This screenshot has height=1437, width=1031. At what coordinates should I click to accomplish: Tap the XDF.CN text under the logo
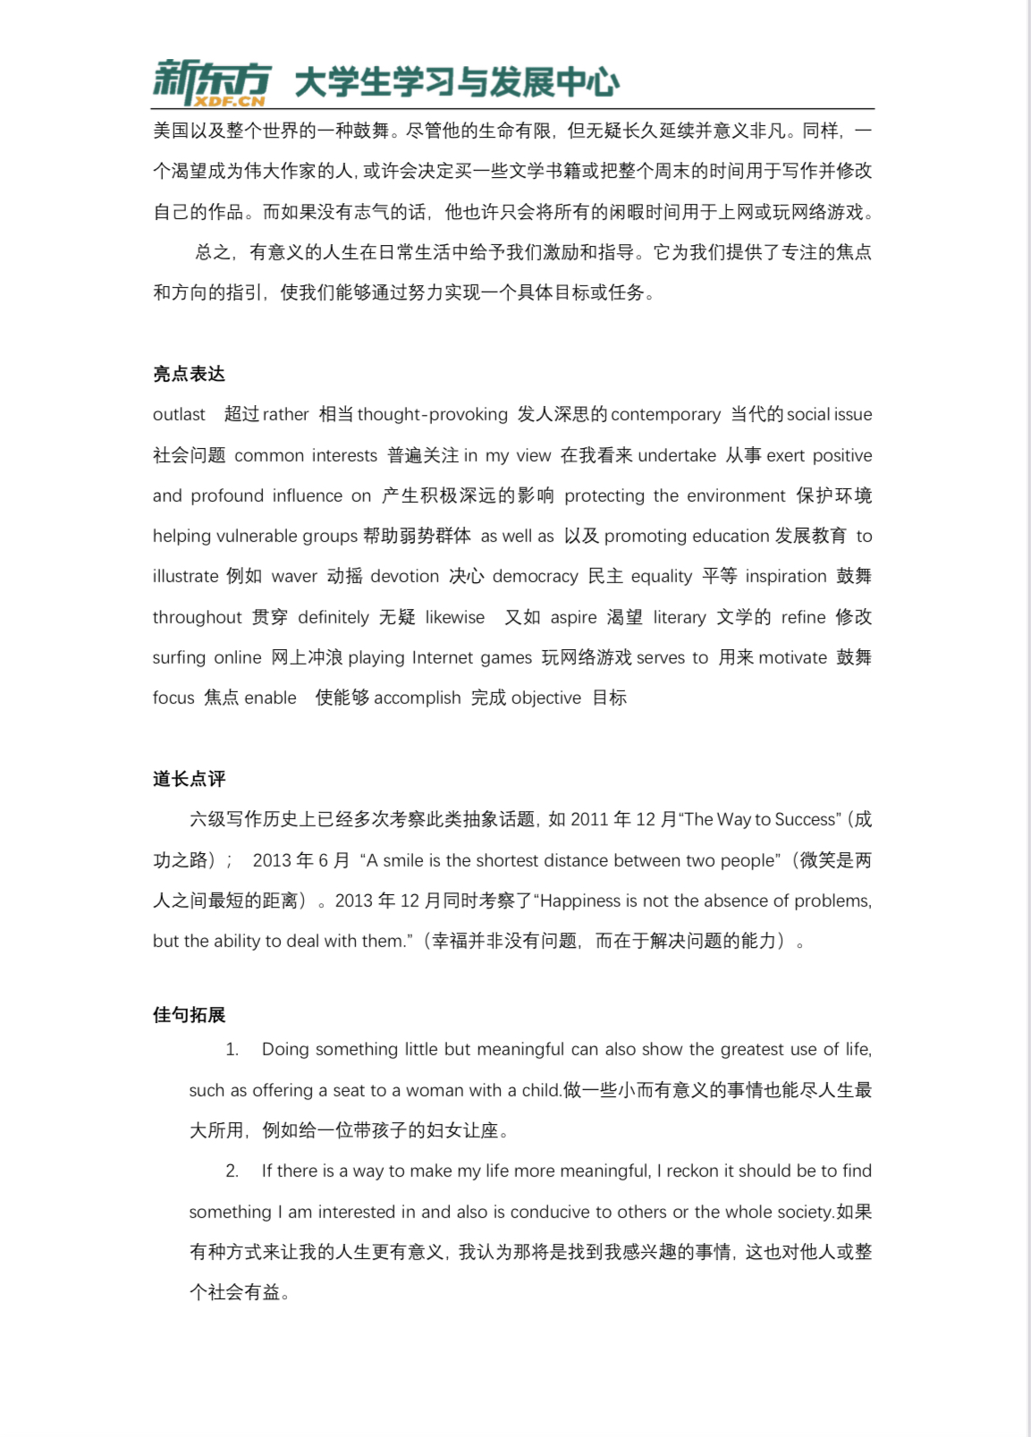(231, 102)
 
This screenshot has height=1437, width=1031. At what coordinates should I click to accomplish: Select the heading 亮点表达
(189, 374)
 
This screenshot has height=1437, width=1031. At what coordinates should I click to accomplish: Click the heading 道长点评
(189, 779)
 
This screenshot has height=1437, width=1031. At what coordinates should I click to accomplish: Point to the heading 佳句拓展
(189, 1015)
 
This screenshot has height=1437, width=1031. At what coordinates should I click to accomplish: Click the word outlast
(179, 415)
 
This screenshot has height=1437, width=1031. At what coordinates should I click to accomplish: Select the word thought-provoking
(433, 415)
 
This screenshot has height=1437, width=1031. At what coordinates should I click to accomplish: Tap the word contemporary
(665, 415)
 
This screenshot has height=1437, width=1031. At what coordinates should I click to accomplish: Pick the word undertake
(677, 456)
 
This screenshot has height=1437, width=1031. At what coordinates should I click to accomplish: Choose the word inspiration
(786, 577)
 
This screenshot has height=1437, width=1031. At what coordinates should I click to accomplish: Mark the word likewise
(455, 618)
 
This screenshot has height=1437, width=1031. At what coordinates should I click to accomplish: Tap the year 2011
(589, 820)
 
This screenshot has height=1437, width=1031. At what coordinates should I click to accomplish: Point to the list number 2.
(232, 1171)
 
